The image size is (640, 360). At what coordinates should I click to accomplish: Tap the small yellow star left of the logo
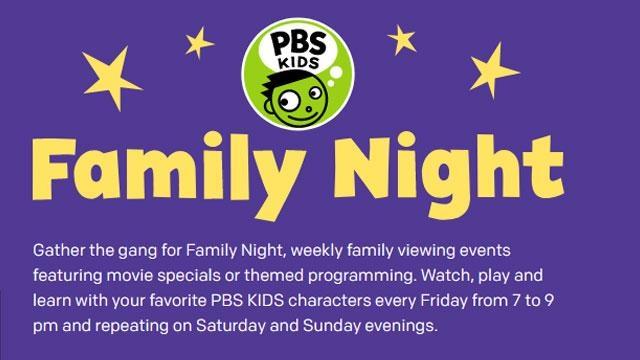coord(201,41)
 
